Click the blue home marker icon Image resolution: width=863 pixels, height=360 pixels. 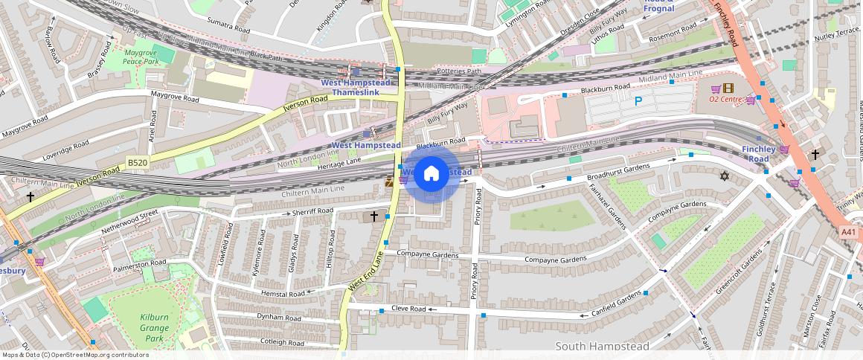[431, 174]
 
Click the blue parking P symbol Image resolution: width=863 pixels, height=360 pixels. [638, 101]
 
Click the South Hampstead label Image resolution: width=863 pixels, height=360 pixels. [603, 346]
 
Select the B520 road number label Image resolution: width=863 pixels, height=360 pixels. [137, 162]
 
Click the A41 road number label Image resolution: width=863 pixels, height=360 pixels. [849, 232]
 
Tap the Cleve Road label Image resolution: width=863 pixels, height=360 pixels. [408, 309]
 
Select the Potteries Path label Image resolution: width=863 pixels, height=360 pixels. [459, 71]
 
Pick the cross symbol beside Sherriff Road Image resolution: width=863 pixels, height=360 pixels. [374, 216]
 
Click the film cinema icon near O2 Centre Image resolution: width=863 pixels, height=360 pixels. [728, 88]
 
